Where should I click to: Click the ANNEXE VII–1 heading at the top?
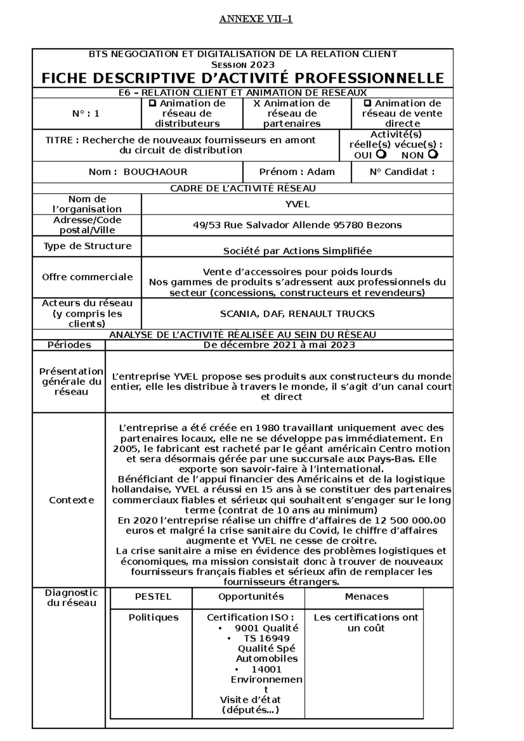point(255,19)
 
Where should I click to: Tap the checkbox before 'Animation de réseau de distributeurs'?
point(152,103)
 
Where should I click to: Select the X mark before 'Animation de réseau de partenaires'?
point(257,103)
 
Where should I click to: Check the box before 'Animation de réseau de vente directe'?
point(368,103)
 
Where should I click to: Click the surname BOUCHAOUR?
point(155,172)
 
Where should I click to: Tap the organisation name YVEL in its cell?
point(297,204)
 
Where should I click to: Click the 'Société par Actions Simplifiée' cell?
point(297,251)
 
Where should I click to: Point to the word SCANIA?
point(236,314)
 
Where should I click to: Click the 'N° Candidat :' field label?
point(402,172)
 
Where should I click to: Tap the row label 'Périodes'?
point(69,345)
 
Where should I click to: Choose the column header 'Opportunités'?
point(251,597)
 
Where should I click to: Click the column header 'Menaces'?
point(366,597)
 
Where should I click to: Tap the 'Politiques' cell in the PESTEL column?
point(153,617)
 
